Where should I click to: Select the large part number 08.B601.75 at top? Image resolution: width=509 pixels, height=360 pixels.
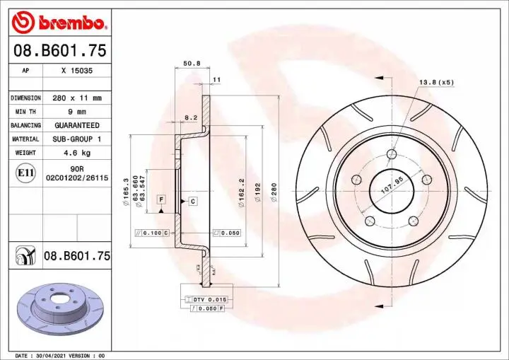pos(57,51)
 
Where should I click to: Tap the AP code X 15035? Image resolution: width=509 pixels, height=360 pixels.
pos(77,71)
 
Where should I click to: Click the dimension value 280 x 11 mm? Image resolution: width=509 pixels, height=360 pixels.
pos(77,98)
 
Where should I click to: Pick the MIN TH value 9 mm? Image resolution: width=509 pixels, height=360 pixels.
pos(77,112)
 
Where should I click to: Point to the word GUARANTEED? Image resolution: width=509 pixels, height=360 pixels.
pos(77,125)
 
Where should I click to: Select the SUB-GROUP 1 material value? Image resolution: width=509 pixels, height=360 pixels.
pos(77,139)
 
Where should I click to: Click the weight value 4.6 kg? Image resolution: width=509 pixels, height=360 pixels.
pos(77,153)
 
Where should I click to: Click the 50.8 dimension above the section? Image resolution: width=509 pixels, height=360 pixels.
pos(192,64)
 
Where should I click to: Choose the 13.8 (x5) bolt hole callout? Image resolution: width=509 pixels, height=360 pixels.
pos(436,83)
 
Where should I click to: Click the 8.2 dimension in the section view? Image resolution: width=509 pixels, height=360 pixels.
pos(190,117)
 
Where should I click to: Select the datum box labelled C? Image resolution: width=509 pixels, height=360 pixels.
pos(192,202)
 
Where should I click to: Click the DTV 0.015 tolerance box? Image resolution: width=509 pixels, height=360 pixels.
pos(206,300)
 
